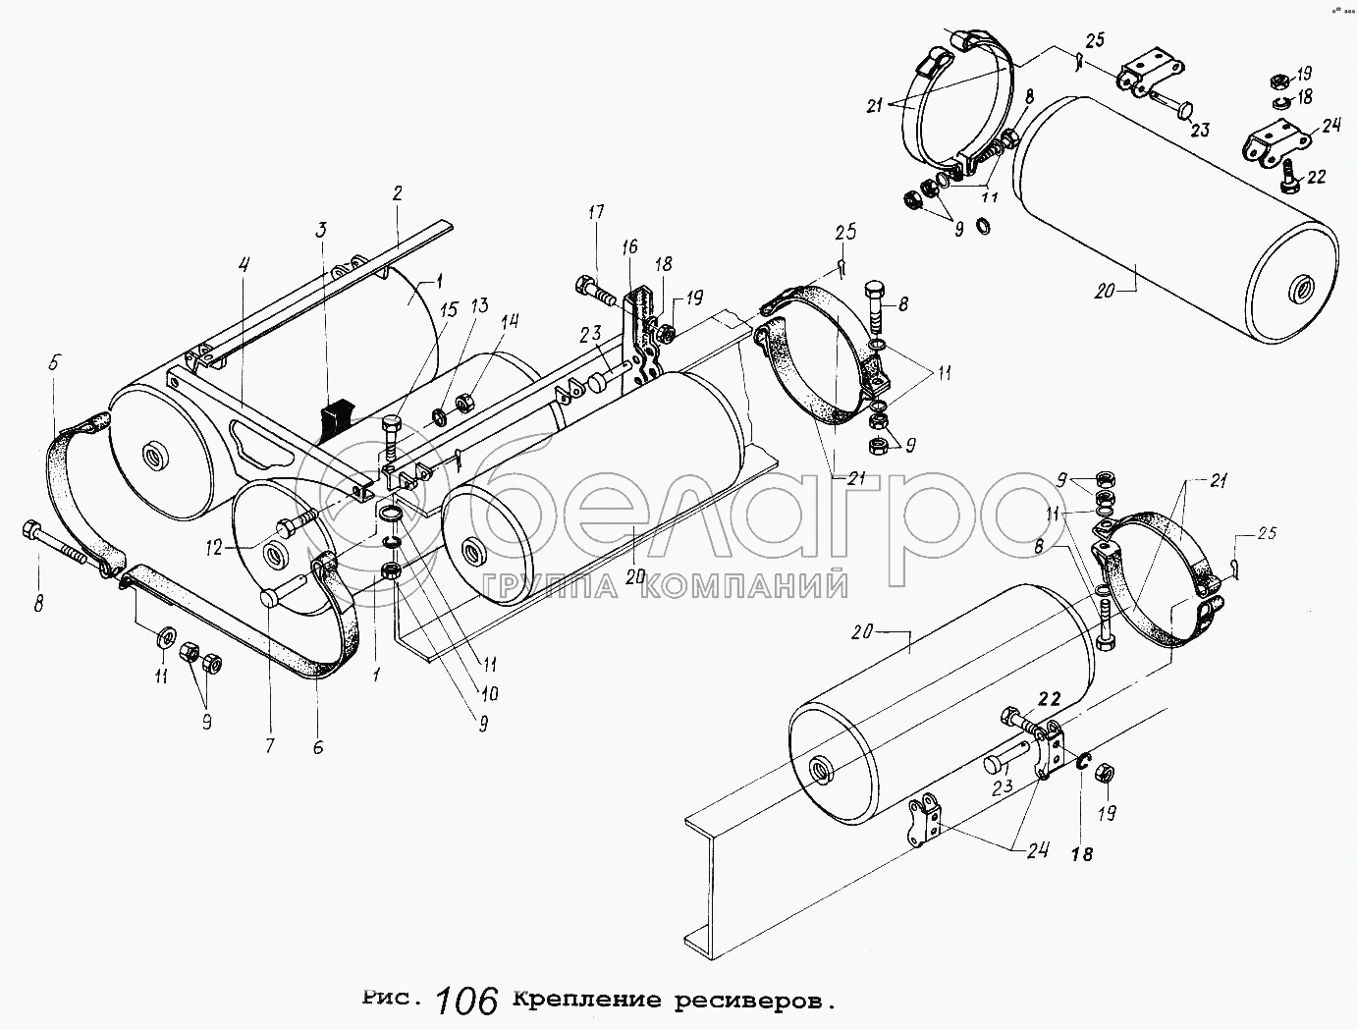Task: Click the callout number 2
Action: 397,193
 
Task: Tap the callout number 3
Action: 320,230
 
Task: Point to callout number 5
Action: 52,362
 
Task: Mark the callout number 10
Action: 490,694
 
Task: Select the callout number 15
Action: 449,310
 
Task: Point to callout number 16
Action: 628,246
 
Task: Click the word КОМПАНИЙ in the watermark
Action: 745,586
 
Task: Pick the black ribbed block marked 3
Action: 337,417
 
